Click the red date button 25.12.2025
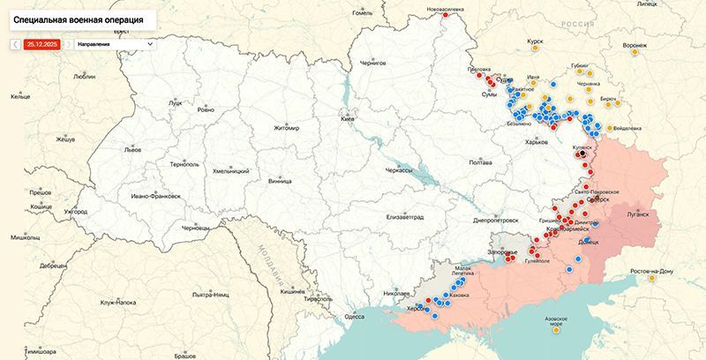click(41, 43)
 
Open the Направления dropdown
click(114, 43)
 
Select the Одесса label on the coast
click(354, 316)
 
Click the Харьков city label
click(537, 141)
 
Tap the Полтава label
click(480, 162)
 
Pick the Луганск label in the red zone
click(637, 214)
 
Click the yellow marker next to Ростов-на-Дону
click(652, 279)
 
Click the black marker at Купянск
click(581, 154)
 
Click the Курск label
click(535, 41)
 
